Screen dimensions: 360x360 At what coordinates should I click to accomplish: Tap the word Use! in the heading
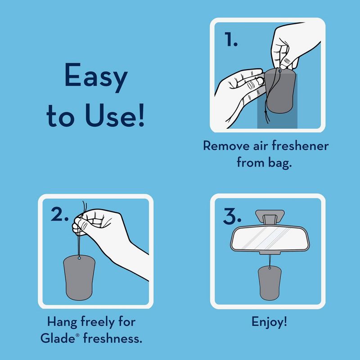(x=115, y=115)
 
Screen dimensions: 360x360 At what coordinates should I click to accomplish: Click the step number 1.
(x=231, y=39)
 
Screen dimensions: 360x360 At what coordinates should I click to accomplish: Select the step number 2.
(x=59, y=214)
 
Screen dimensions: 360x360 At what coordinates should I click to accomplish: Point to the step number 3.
(x=232, y=216)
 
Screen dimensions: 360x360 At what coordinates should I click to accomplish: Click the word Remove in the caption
(x=226, y=146)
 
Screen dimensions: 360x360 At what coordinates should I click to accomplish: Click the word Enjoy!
(x=269, y=322)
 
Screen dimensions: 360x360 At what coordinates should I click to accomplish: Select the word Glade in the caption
(x=58, y=338)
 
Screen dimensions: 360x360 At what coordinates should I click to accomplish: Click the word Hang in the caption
(x=62, y=322)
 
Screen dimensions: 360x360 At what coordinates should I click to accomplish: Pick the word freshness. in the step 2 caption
(x=112, y=338)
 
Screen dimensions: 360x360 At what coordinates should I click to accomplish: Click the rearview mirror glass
(x=270, y=238)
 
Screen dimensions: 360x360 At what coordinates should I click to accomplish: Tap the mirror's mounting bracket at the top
(x=270, y=217)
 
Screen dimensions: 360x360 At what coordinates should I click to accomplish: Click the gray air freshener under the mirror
(x=270, y=283)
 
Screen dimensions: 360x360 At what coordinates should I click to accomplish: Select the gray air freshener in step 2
(x=79, y=277)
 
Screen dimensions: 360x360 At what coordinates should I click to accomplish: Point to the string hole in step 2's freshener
(x=80, y=258)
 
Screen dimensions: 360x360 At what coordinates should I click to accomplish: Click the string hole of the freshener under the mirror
(x=270, y=268)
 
